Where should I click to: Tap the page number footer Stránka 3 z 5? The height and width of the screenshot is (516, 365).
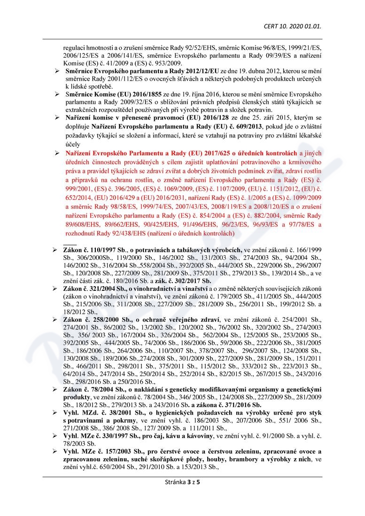pyautogui.click(x=182, y=482)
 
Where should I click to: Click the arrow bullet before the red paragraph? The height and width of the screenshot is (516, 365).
pyautogui.click(x=56, y=153)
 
